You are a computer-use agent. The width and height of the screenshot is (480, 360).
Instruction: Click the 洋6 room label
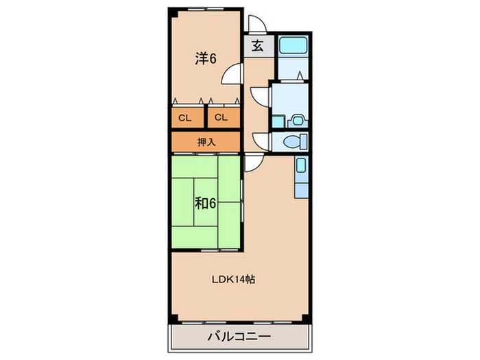205,60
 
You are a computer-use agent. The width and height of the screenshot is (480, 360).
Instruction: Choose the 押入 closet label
206,142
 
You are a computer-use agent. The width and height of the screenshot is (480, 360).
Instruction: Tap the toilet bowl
293,143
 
